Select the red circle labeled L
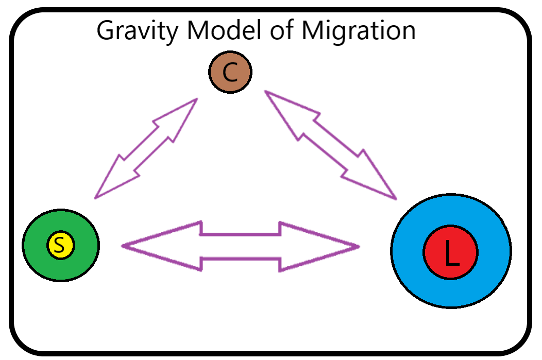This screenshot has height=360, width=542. point(451,253)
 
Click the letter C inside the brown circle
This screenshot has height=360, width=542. point(230,73)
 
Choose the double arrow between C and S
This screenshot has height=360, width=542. point(146,148)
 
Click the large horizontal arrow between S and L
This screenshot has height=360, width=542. point(240,246)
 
